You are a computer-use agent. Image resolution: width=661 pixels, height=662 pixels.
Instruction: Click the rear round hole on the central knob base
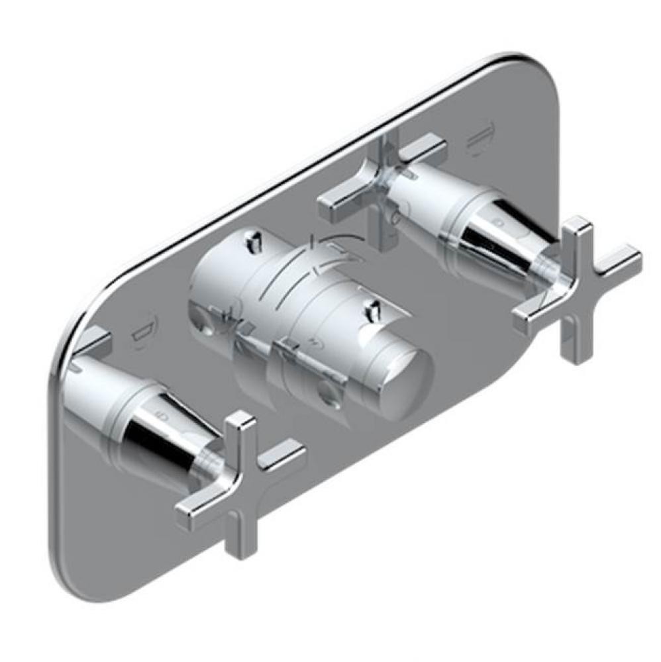tap(201, 324)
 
